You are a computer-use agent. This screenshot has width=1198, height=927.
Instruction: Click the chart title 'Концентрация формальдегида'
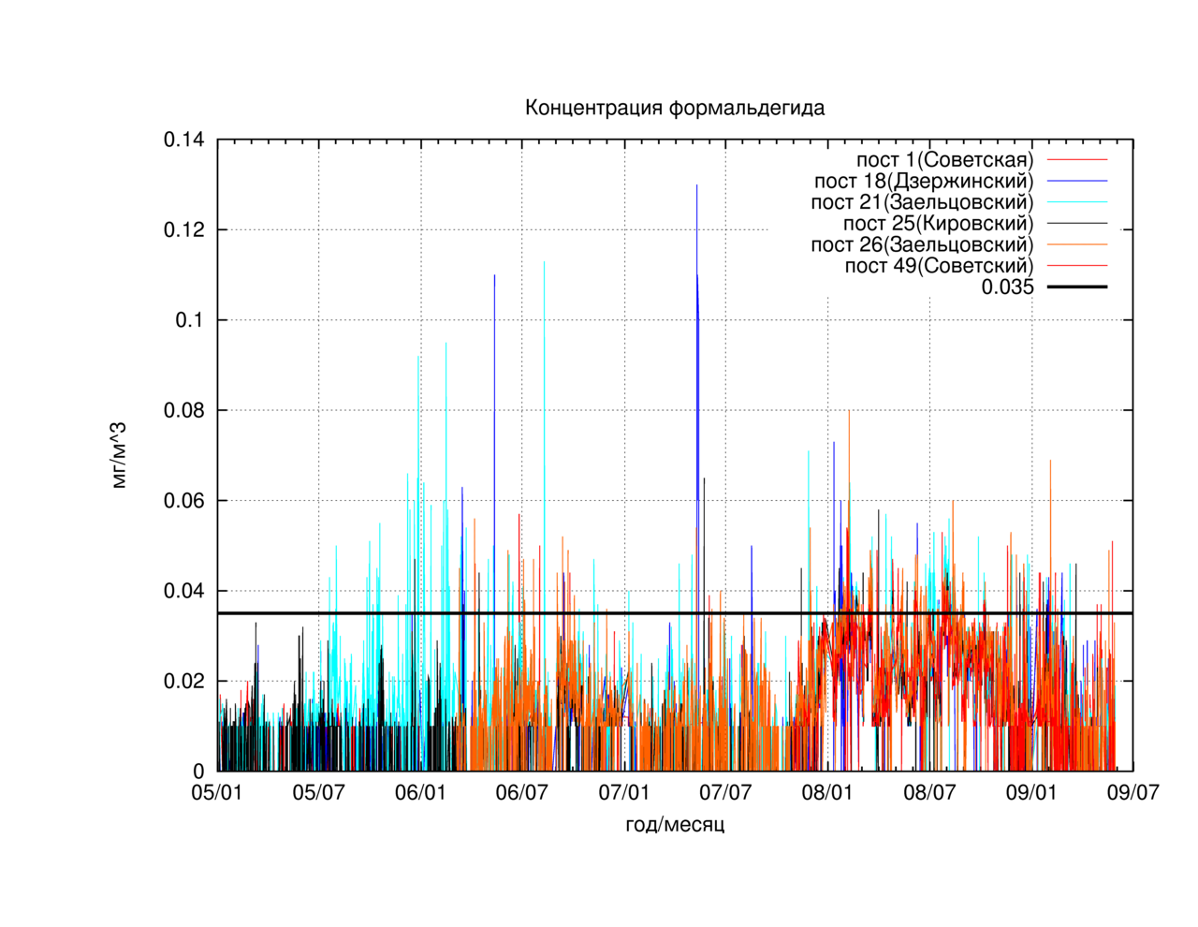pyautogui.click(x=674, y=108)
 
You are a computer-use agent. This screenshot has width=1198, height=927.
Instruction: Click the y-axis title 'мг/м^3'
pyautogui.click(x=119, y=455)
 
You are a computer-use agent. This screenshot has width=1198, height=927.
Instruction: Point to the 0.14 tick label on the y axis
pyautogui.click(x=183, y=140)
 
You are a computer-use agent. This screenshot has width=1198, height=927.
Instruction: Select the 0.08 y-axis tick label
pyautogui.click(x=183, y=410)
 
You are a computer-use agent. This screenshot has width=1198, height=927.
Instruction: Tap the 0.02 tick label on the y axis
pyautogui.click(x=183, y=681)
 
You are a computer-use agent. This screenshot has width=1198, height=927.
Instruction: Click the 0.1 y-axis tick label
pyautogui.click(x=190, y=320)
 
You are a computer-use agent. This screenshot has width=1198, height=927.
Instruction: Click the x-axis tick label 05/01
pyautogui.click(x=216, y=792)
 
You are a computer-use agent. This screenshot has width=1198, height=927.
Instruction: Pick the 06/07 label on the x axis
pyautogui.click(x=521, y=792)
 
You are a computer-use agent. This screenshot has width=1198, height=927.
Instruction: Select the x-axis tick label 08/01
pyautogui.click(x=827, y=792)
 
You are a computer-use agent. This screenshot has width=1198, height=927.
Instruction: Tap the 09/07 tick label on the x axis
pyautogui.click(x=1132, y=792)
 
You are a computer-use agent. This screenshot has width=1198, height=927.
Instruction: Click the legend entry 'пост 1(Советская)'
pyautogui.click(x=945, y=159)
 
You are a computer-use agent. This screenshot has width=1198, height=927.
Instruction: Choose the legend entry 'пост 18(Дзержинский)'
pyautogui.click(x=924, y=181)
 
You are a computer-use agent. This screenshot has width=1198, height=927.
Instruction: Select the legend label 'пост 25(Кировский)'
pyautogui.click(x=939, y=224)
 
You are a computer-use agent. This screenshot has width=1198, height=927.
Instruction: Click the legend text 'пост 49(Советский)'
pyautogui.click(x=940, y=266)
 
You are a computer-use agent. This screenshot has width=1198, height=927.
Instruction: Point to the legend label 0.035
pyautogui.click(x=1007, y=287)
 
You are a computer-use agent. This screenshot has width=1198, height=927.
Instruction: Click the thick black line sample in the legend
pyautogui.click(x=1077, y=287)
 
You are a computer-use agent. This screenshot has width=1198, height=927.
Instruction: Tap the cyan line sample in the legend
pyautogui.click(x=1077, y=202)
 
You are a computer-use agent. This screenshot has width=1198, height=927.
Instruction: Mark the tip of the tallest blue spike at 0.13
pyautogui.click(x=697, y=184)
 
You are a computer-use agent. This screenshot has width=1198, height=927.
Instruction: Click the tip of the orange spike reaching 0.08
pyautogui.click(x=849, y=410)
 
